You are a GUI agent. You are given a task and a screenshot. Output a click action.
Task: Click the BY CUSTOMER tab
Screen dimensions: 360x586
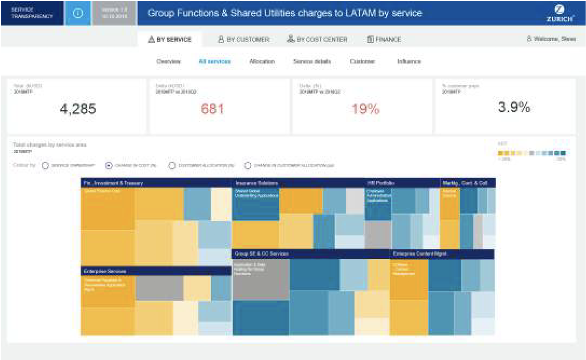tap(244, 39)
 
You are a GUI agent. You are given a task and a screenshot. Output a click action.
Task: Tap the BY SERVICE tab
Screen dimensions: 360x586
tap(170, 39)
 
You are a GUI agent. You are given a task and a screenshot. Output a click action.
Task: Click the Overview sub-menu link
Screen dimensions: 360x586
tap(168, 61)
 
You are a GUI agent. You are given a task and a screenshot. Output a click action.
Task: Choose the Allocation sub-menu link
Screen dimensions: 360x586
tap(262, 61)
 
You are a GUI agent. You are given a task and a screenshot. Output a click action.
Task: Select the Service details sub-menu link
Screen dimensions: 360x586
tap(312, 61)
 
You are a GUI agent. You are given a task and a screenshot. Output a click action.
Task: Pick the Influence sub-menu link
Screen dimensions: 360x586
tap(409, 61)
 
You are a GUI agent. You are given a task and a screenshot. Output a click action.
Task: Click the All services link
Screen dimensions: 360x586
tap(214, 61)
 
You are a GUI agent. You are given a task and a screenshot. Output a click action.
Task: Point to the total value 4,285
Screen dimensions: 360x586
tap(78, 109)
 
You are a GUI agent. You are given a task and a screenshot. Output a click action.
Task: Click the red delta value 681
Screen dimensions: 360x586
tap(212, 109)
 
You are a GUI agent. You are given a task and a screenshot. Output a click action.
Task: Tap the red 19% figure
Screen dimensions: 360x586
tap(365, 109)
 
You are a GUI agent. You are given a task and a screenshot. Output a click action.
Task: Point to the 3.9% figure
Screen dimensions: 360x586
tap(514, 107)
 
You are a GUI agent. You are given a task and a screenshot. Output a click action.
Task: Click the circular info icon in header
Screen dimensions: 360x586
tap(78, 13)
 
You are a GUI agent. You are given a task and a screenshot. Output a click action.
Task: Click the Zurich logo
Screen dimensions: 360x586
tap(560, 13)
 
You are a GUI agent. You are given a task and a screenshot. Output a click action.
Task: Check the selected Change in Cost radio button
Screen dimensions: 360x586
tap(109, 165)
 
